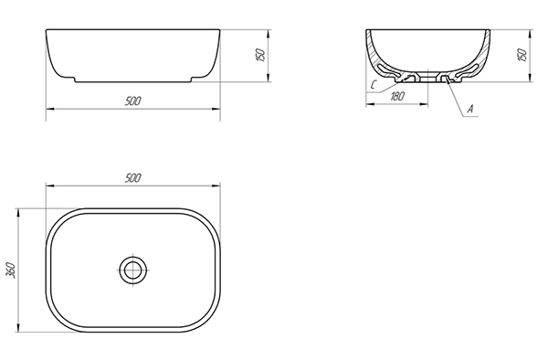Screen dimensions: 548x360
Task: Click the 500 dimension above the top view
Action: pyautogui.click(x=132, y=178)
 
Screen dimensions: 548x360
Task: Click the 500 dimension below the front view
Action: pyautogui.click(x=132, y=101)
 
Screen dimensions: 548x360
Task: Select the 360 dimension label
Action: pyautogui.click(x=11, y=270)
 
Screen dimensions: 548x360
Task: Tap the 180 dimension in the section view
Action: pyautogui.click(x=397, y=96)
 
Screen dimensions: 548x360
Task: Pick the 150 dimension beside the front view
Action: pyautogui.click(x=261, y=55)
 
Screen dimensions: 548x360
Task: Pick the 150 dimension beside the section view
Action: pyautogui.click(x=522, y=55)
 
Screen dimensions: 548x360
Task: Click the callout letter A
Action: pyautogui.click(x=470, y=109)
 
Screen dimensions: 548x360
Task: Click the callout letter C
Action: pyautogui.click(x=374, y=85)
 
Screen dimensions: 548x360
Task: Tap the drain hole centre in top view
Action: pyautogui.click(x=132, y=270)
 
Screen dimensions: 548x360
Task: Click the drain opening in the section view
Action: pyautogui.click(x=428, y=77)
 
